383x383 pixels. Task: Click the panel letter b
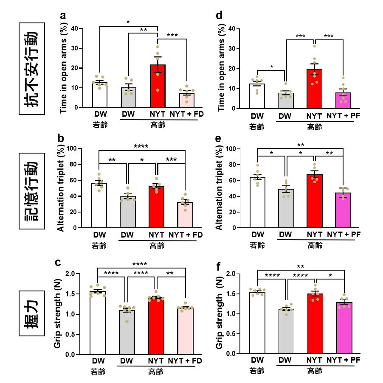pos(61,139)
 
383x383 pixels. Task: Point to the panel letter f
pos(218,267)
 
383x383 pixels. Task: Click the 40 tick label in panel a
pos(75,28)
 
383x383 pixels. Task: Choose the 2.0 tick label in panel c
pos(73,274)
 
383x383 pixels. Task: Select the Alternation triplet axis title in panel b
pos(61,189)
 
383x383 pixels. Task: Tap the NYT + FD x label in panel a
pos(186,115)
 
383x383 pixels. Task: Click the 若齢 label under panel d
pos(256,126)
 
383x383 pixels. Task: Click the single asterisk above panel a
pos(128,22)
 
